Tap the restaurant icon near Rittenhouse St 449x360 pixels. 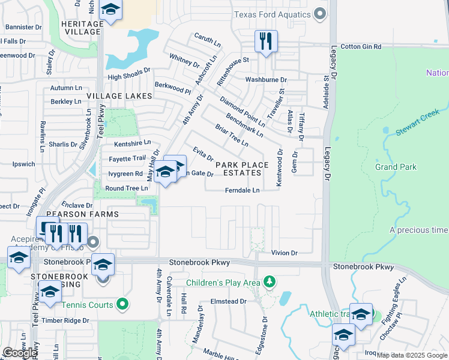[x=265, y=41]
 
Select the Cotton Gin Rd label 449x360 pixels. [x=361, y=46]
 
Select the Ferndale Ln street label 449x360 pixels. [x=242, y=191]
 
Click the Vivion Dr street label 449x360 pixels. [x=285, y=253]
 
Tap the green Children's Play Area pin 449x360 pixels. [x=270, y=282]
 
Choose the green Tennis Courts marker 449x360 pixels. [x=122, y=305]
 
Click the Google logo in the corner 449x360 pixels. [x=20, y=353]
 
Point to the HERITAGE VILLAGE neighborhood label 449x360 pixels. [x=75, y=26]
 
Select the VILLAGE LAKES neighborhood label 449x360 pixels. [x=116, y=96]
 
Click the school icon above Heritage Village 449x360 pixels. [x=110, y=10]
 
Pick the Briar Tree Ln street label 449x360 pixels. [x=232, y=135]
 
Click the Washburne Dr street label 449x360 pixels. [x=266, y=79]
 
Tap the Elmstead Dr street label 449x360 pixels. [x=228, y=301]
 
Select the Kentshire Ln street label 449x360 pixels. [x=130, y=144]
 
